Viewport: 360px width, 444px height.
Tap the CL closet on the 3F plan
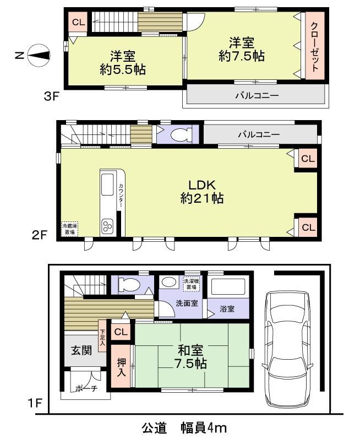pyautogui.click(x=77, y=23)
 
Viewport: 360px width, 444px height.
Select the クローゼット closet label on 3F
pyautogui.click(x=314, y=47)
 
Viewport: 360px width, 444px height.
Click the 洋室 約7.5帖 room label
pyautogui.click(x=241, y=48)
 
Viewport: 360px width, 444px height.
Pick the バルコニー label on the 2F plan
pyautogui.click(x=259, y=134)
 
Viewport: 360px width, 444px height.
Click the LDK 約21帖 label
pyautogui.click(x=202, y=191)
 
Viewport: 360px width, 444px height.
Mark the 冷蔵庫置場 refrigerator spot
pyautogui.click(x=69, y=229)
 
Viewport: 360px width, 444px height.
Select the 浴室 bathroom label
pyautogui.click(x=226, y=308)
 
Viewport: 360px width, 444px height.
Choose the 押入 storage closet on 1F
pyautogui.click(x=122, y=367)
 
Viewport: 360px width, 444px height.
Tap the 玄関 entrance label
pyautogui.click(x=81, y=350)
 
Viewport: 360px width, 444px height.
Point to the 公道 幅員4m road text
pyautogui.click(x=184, y=427)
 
